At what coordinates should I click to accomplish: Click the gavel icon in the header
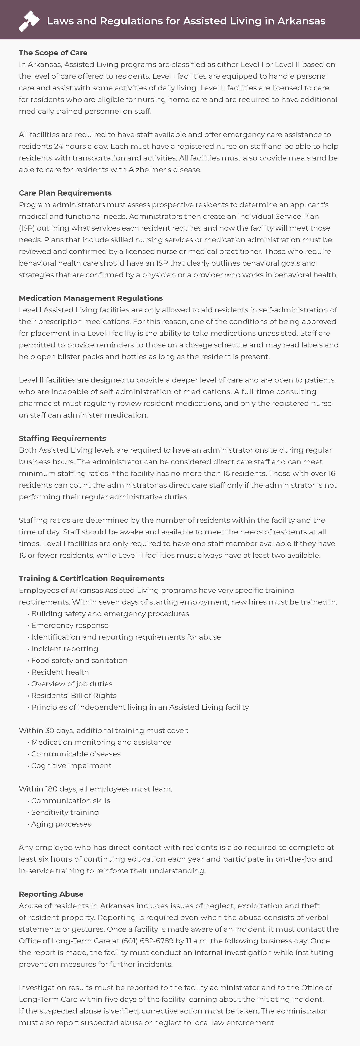(29, 21)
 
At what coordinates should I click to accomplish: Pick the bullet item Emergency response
(70, 625)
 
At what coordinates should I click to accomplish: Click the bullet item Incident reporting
(65, 649)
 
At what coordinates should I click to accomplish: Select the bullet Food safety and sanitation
(79, 660)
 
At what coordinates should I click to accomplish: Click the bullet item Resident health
(60, 672)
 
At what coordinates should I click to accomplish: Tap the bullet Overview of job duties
(72, 684)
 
